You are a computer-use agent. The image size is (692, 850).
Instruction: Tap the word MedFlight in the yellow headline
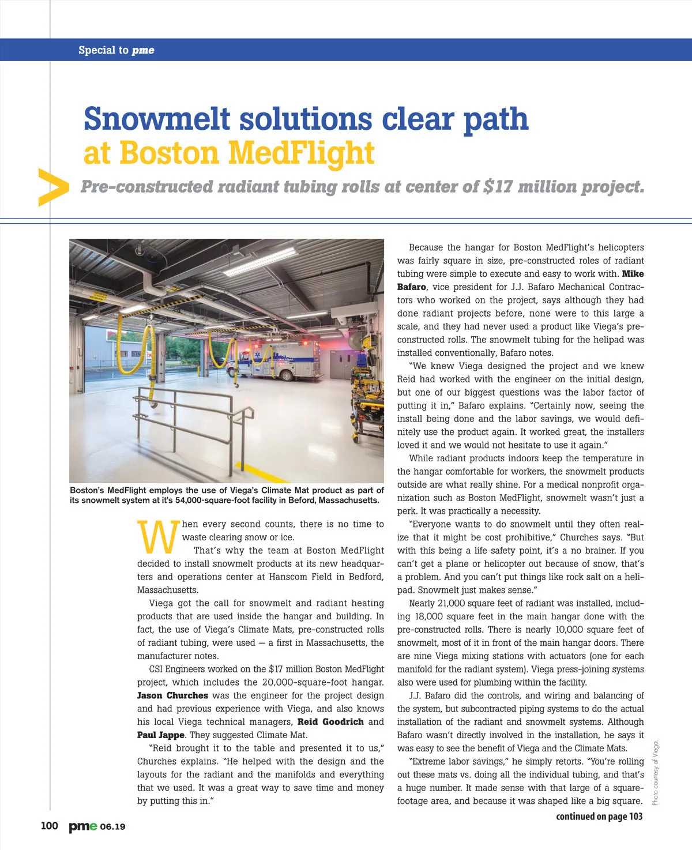pos(301,153)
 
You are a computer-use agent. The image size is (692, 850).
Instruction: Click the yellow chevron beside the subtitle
pos(52,187)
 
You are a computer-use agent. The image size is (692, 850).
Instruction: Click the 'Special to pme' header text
pos(116,50)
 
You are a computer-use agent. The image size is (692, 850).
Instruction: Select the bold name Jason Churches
pos(172,695)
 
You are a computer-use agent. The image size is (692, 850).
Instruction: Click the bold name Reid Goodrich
pos(330,722)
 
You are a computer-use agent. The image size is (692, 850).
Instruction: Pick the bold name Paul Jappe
pos(160,735)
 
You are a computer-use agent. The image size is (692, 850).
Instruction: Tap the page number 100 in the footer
pos(49,826)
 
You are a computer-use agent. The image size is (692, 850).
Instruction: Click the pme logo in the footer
pos(83,826)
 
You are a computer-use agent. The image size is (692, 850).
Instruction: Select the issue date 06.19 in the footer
pos(112,827)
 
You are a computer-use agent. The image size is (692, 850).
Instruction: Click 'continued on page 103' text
pos(599,817)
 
